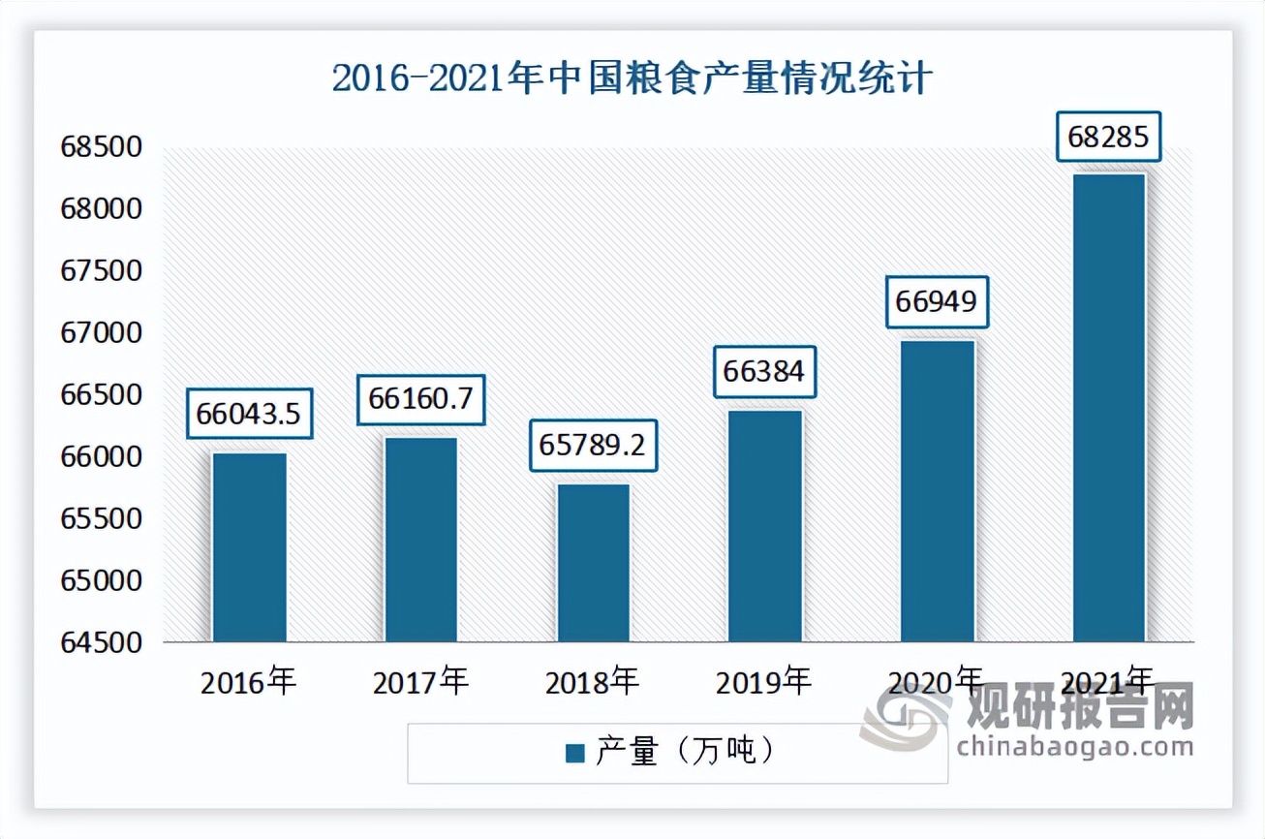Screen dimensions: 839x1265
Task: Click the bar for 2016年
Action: pyautogui.click(x=249, y=547)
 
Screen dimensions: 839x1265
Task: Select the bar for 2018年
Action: pyautogui.click(x=593, y=563)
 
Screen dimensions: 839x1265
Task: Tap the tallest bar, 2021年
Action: pyautogui.click(x=1109, y=408)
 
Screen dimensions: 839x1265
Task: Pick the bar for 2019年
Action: pyautogui.click(x=765, y=526)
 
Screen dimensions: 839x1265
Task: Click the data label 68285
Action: pyautogui.click(x=1108, y=138)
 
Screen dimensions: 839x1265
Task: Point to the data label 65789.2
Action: pyautogui.click(x=592, y=447)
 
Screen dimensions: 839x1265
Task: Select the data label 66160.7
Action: pyautogui.click(x=420, y=400)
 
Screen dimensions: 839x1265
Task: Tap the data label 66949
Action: pyautogui.click(x=937, y=302)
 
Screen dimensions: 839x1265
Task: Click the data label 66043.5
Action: pyautogui.click(x=248, y=415)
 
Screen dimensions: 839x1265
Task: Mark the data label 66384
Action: pyautogui.click(x=764, y=371)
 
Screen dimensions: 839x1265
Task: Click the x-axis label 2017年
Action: pyautogui.click(x=420, y=682)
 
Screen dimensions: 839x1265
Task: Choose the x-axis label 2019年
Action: pyautogui.click(x=764, y=682)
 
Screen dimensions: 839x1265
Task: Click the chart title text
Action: pyautogui.click(x=632, y=78)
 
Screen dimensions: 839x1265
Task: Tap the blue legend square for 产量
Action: pyautogui.click(x=575, y=753)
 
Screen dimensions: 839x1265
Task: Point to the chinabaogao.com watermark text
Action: pyautogui.click(x=1073, y=747)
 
